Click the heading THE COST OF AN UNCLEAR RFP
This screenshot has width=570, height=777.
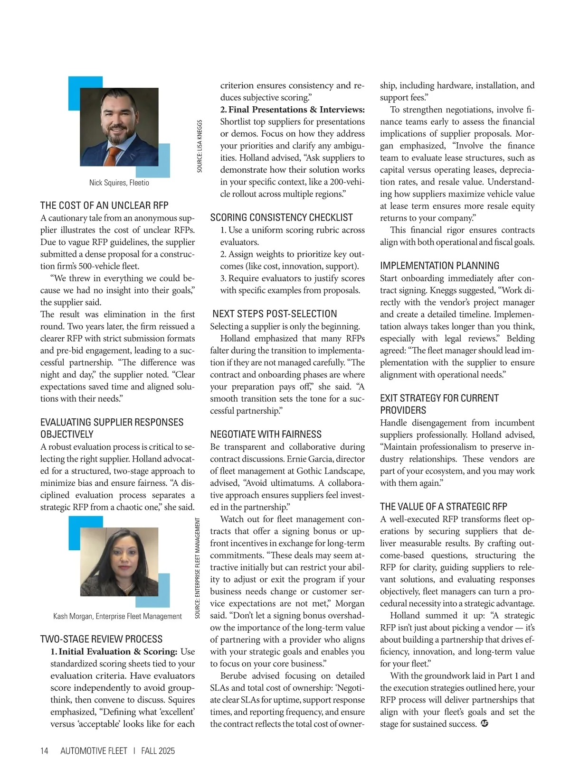(x=104, y=205)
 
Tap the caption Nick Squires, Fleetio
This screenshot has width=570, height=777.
(x=119, y=183)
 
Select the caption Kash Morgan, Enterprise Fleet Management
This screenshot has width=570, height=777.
(x=117, y=616)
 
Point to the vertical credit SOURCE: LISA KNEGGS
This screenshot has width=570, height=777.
(x=199, y=146)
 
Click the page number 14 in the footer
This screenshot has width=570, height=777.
(x=44, y=751)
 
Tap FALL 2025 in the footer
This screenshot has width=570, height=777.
(x=158, y=751)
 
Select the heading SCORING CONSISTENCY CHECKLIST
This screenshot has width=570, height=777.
(x=281, y=218)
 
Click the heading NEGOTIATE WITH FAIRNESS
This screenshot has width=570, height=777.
(x=266, y=435)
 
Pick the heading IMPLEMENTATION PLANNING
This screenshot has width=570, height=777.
(x=439, y=266)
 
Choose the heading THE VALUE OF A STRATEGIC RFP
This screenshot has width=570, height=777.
(x=443, y=507)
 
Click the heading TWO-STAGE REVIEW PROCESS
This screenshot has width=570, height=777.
(x=101, y=639)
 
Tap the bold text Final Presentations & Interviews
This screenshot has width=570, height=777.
(x=296, y=110)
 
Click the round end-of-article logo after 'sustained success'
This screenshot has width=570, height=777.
(x=484, y=724)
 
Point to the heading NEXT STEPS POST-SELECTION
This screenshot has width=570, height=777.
(x=275, y=314)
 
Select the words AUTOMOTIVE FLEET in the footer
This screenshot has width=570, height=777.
(x=94, y=751)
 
